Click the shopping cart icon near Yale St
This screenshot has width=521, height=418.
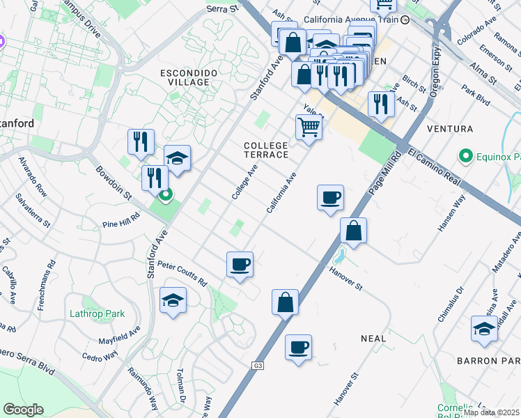[x=309, y=127]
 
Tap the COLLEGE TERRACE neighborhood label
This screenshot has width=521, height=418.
[x=265, y=149]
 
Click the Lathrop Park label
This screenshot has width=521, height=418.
[x=97, y=313]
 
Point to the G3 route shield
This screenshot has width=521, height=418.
[x=258, y=365]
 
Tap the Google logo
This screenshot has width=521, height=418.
[x=23, y=410]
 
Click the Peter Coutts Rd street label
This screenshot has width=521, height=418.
[x=182, y=274]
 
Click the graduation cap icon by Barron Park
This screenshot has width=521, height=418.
[x=484, y=329]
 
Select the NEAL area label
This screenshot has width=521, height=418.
[x=373, y=339]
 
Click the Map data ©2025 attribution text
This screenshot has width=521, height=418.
[x=492, y=412]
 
